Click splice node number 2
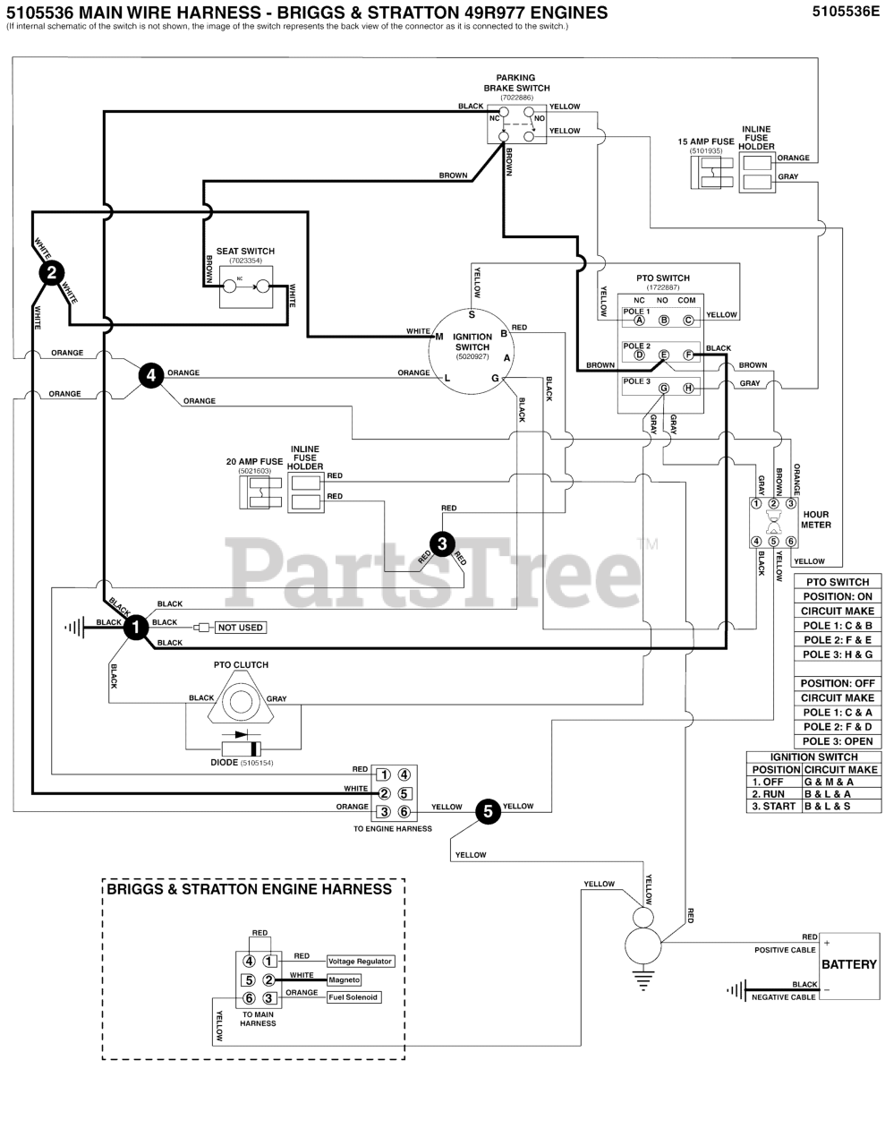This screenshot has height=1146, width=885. click(52, 272)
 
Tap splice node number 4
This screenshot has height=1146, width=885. click(151, 375)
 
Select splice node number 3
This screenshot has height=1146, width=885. click(441, 543)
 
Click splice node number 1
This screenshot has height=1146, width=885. click(135, 628)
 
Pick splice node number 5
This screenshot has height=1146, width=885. click(487, 811)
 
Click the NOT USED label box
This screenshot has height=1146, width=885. click(241, 628)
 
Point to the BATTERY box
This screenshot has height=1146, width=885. click(848, 964)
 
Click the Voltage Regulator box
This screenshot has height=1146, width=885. click(360, 961)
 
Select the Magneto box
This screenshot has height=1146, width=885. click(344, 979)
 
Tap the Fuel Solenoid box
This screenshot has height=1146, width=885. click(353, 997)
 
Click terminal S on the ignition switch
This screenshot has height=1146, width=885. click(472, 314)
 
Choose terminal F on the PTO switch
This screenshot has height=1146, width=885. click(688, 355)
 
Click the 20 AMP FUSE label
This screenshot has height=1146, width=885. click(254, 462)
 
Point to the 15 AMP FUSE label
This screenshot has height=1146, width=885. click(705, 141)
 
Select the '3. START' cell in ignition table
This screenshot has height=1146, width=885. click(774, 807)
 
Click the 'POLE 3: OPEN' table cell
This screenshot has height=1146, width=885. click(838, 741)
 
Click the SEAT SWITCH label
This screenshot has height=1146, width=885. click(245, 252)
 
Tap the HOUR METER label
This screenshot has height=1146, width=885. click(815, 520)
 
